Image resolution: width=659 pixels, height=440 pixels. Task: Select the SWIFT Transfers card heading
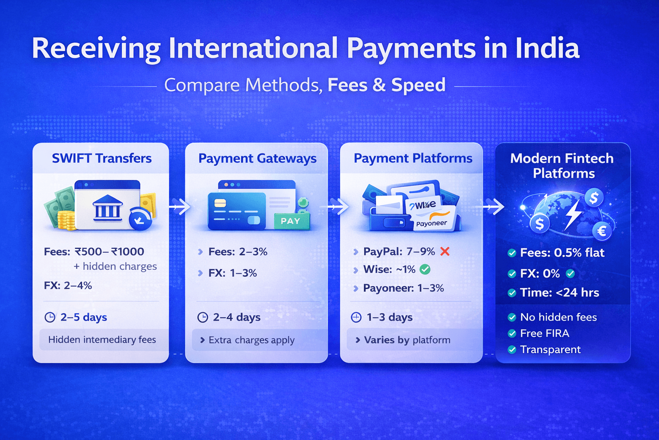tap(102, 158)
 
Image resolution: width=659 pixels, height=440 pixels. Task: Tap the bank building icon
tap(107, 208)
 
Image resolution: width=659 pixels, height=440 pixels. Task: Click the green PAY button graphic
tap(291, 221)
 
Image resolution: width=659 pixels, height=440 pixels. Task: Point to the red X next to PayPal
tap(445, 251)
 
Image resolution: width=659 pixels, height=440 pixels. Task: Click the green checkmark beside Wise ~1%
tap(425, 269)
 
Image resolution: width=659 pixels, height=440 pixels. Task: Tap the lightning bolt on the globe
tap(573, 214)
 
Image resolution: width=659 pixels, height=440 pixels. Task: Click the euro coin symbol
tap(602, 231)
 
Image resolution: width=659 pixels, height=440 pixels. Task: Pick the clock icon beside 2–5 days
tap(50, 318)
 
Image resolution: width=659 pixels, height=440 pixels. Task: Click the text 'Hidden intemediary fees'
tap(102, 340)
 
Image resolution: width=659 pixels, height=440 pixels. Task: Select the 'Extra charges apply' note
tap(251, 340)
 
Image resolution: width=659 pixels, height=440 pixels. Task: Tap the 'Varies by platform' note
tap(407, 340)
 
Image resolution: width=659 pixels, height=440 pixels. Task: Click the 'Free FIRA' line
tap(544, 333)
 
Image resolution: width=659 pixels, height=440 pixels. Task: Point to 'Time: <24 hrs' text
tap(559, 293)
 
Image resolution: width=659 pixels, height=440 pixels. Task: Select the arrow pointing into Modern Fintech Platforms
tap(493, 207)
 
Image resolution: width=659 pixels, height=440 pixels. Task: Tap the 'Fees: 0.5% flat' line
tap(562, 253)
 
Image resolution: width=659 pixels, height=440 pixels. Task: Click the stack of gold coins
tap(67, 220)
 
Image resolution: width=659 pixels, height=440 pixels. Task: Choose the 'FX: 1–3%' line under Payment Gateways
tap(233, 273)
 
